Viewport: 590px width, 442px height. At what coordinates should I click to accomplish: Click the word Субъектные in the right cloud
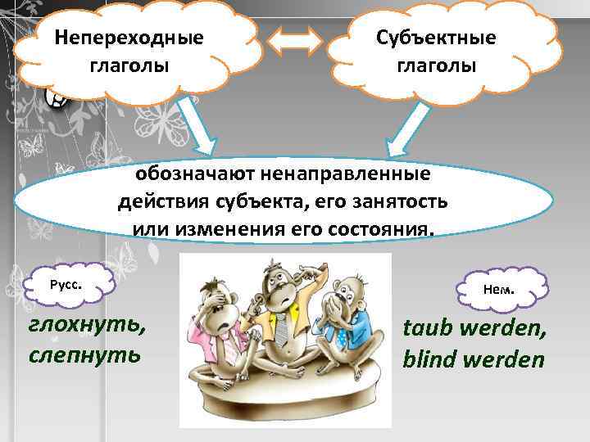(x=436, y=38)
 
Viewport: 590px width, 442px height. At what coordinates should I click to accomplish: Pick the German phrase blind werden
(x=473, y=359)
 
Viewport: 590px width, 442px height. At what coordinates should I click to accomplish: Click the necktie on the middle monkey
(x=280, y=328)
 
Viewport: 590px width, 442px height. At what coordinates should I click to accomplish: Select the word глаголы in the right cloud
(x=436, y=65)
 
